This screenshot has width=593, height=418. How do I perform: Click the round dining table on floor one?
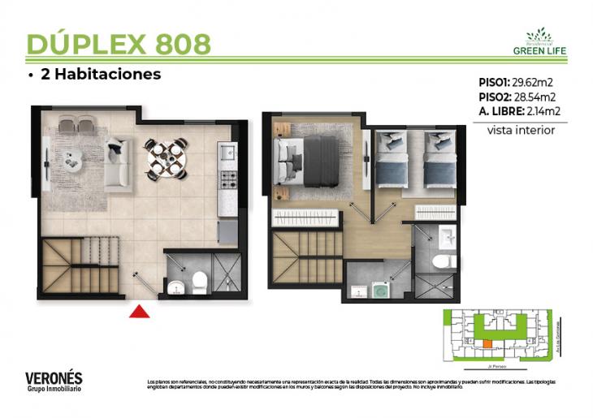pos(166,158)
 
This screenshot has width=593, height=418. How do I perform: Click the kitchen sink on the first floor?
pos(227,152)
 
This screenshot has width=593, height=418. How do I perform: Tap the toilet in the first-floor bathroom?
pos(199,282)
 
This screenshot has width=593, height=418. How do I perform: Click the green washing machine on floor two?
pos(378,289)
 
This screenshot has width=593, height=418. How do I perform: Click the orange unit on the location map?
pos(487,344)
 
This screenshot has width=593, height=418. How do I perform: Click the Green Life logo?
pos(539,42)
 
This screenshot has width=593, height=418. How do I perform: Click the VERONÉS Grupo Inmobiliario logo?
pos(54,381)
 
